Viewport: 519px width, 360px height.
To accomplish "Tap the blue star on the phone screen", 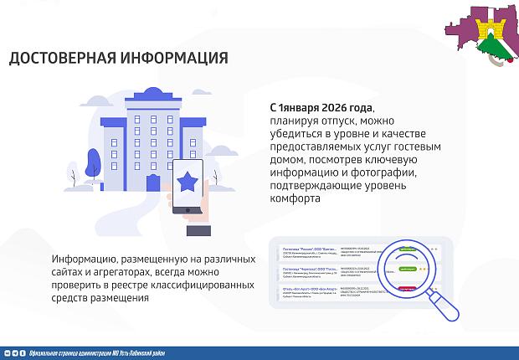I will (189, 179).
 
